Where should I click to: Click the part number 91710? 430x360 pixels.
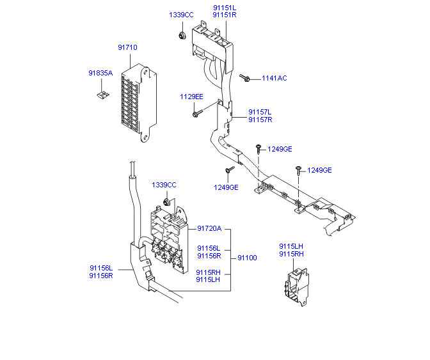coord(127,47)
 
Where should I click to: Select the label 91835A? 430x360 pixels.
coord(100,73)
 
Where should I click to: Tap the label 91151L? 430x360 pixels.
coord(225,8)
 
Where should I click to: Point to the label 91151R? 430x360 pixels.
coord(225,15)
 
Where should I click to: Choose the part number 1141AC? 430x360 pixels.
coord(275,78)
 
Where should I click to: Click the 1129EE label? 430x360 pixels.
coord(191,97)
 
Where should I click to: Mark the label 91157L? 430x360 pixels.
coord(260,112)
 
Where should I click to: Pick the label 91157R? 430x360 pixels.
coord(260,120)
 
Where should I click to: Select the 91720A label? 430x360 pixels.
coord(209,228)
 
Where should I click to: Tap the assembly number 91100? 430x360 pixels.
coord(248,258)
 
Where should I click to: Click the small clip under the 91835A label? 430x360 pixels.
coord(103,95)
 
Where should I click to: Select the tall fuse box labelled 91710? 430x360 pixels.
coord(139,103)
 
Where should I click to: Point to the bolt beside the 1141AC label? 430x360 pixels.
coord(244,78)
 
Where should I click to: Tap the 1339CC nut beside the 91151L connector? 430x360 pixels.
coord(182,35)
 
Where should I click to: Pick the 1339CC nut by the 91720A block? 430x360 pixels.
coord(166,202)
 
